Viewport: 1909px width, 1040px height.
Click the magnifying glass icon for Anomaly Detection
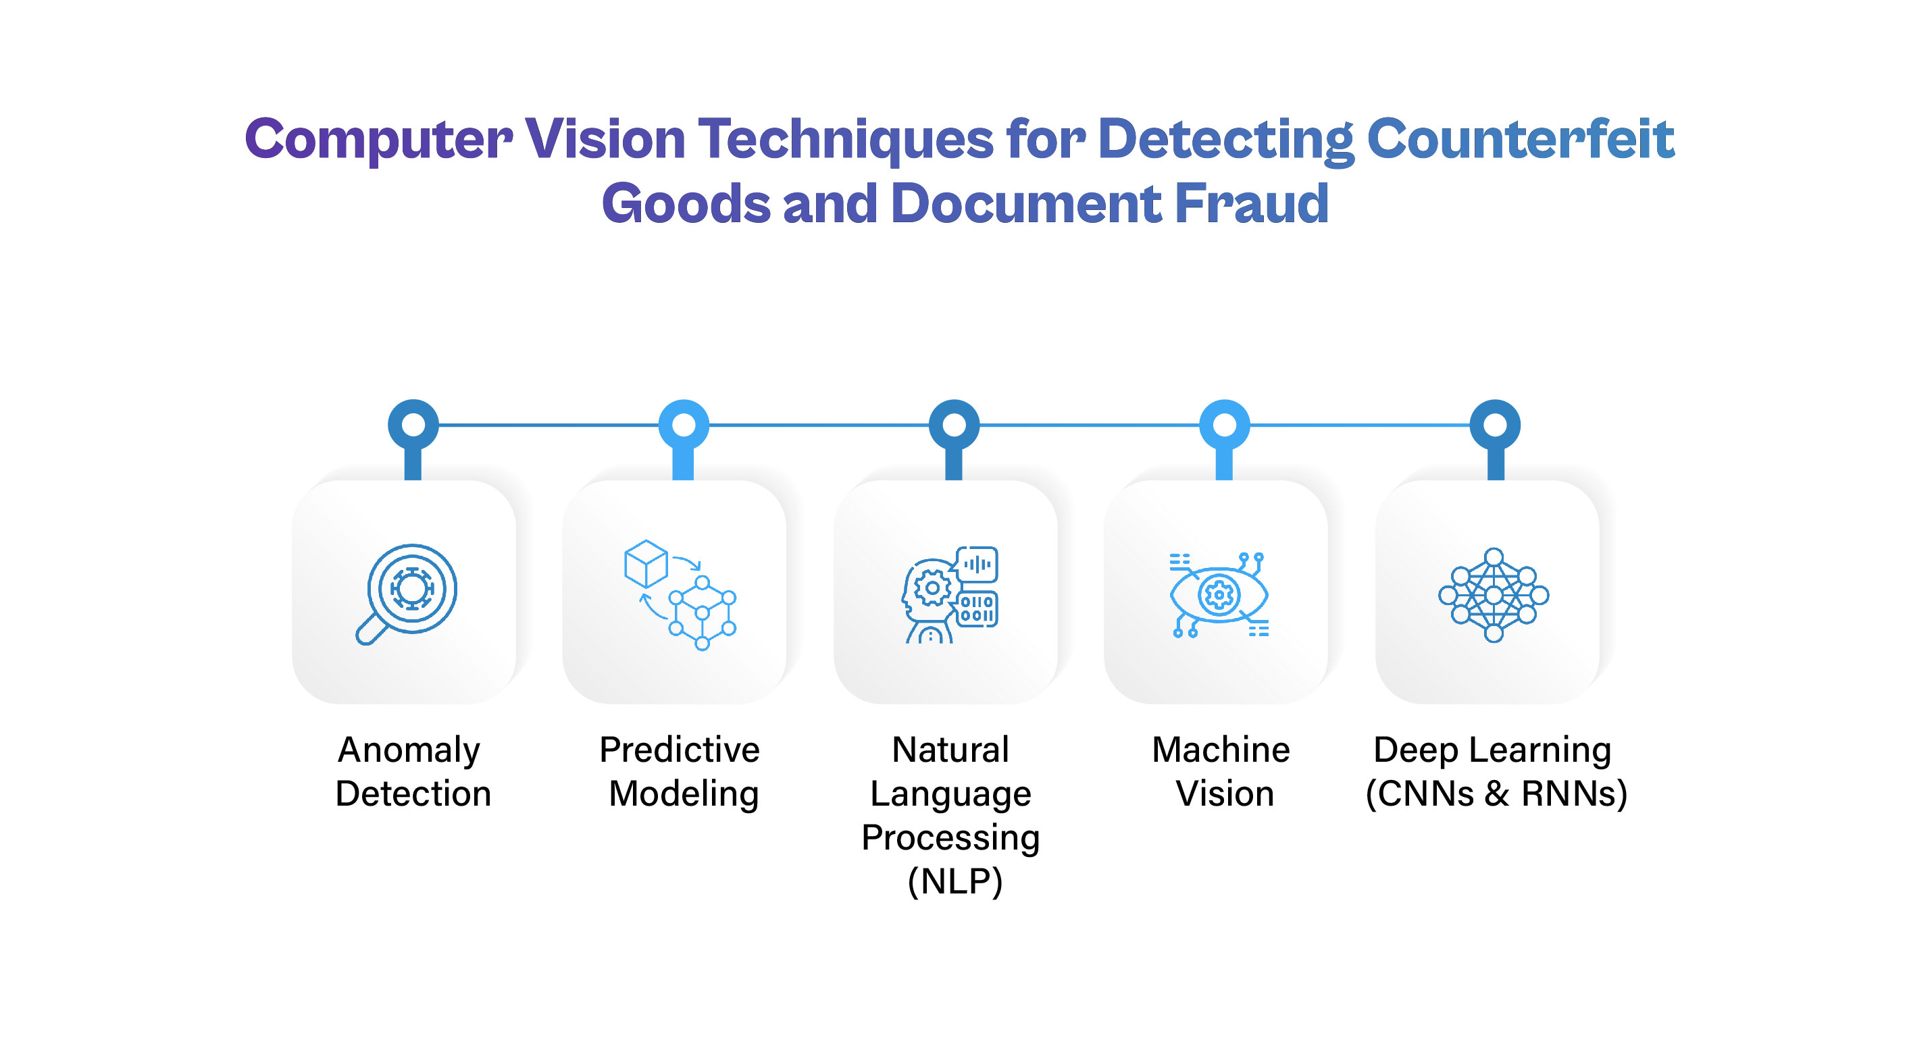point(406,594)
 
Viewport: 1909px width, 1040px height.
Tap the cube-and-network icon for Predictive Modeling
point(680,594)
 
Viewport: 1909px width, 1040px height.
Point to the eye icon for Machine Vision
point(1219,594)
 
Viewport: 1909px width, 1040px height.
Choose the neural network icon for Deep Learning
point(1494,594)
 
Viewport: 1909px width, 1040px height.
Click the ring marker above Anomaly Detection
point(413,425)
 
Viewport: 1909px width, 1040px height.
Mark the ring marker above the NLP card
point(954,425)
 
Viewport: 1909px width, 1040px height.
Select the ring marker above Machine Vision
point(1224,425)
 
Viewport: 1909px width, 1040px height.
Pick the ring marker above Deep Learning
point(1495,425)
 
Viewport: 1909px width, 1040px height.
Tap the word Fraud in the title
point(1252,203)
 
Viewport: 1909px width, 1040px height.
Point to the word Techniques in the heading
point(846,140)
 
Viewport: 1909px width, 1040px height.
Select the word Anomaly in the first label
point(409,751)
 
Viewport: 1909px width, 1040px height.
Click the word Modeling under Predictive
point(683,795)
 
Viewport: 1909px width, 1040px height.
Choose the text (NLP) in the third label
point(954,881)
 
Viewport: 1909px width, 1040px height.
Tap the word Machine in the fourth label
point(1221,750)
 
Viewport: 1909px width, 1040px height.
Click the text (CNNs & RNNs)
point(1496,794)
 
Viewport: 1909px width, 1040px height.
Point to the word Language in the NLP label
point(951,795)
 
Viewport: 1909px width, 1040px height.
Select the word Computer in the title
point(378,140)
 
